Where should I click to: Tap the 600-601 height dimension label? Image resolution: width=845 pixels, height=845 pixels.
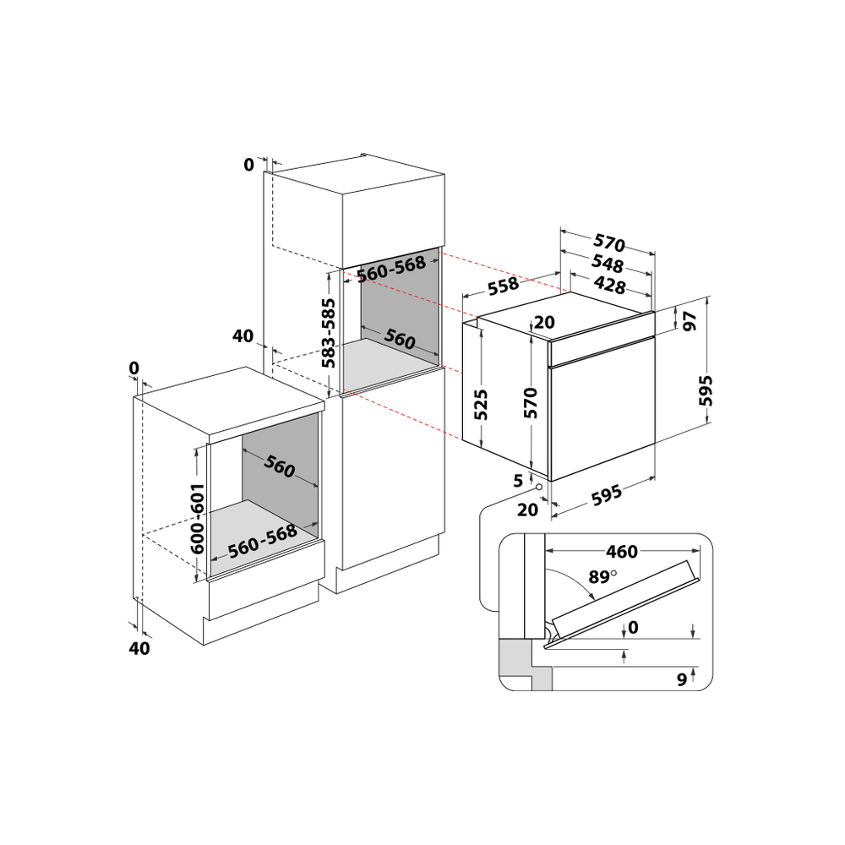(198, 519)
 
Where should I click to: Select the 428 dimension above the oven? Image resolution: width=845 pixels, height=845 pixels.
(609, 285)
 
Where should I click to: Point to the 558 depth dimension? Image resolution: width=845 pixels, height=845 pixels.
(504, 286)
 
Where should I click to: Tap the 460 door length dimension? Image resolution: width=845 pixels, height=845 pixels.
(622, 552)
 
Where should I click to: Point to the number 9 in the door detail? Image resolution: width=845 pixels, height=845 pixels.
(681, 678)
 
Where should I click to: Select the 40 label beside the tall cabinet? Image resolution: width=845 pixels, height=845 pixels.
(243, 336)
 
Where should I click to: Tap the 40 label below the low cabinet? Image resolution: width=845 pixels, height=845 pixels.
(139, 648)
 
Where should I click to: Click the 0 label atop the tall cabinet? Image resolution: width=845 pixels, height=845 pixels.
(248, 165)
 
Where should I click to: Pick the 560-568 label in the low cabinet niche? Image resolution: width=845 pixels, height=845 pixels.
(263, 540)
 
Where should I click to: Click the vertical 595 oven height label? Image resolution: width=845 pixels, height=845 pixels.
(706, 390)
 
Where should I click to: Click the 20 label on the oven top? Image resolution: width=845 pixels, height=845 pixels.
(543, 322)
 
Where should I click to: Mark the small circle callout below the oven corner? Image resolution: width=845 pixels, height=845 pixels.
(538, 487)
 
